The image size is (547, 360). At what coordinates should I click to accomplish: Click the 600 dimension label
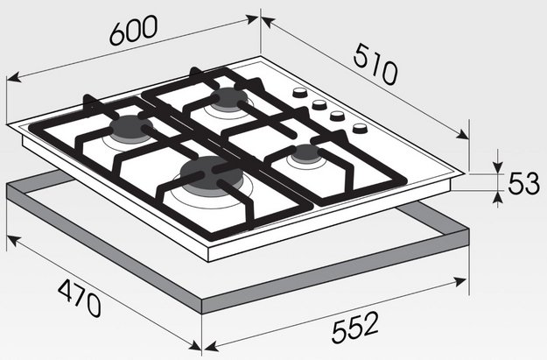click(134, 30)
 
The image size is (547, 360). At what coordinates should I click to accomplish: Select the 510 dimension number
click(375, 64)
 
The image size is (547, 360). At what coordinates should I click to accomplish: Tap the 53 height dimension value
click(523, 184)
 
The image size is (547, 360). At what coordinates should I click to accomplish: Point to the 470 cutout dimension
click(80, 299)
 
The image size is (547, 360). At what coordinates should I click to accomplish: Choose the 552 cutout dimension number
click(355, 327)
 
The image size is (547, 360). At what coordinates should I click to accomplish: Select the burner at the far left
click(130, 126)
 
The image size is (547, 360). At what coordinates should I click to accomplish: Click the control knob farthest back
click(299, 93)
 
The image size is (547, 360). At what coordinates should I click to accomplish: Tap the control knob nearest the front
click(360, 128)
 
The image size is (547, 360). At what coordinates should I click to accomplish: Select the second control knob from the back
click(319, 104)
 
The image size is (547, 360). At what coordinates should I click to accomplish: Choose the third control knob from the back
click(337, 116)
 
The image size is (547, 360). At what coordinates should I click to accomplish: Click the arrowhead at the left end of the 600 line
click(14, 77)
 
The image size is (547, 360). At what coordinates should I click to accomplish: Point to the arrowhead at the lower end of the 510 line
click(463, 134)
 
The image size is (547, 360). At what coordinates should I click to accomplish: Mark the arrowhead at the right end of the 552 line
click(459, 281)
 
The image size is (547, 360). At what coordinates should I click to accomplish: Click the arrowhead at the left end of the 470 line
click(13, 240)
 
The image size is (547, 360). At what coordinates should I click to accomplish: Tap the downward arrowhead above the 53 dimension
click(499, 166)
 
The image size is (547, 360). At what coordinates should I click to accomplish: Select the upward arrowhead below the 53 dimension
click(499, 197)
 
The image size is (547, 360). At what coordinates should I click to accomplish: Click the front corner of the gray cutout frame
click(202, 307)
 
